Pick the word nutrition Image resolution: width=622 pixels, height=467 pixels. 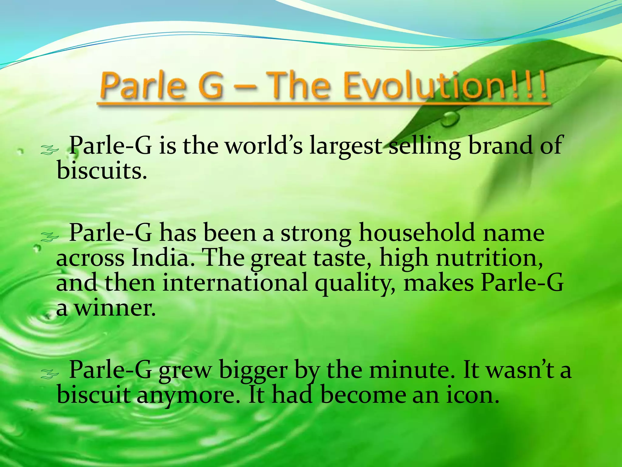[x=489, y=258]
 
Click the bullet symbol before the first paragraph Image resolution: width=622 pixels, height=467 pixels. [x=49, y=150]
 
